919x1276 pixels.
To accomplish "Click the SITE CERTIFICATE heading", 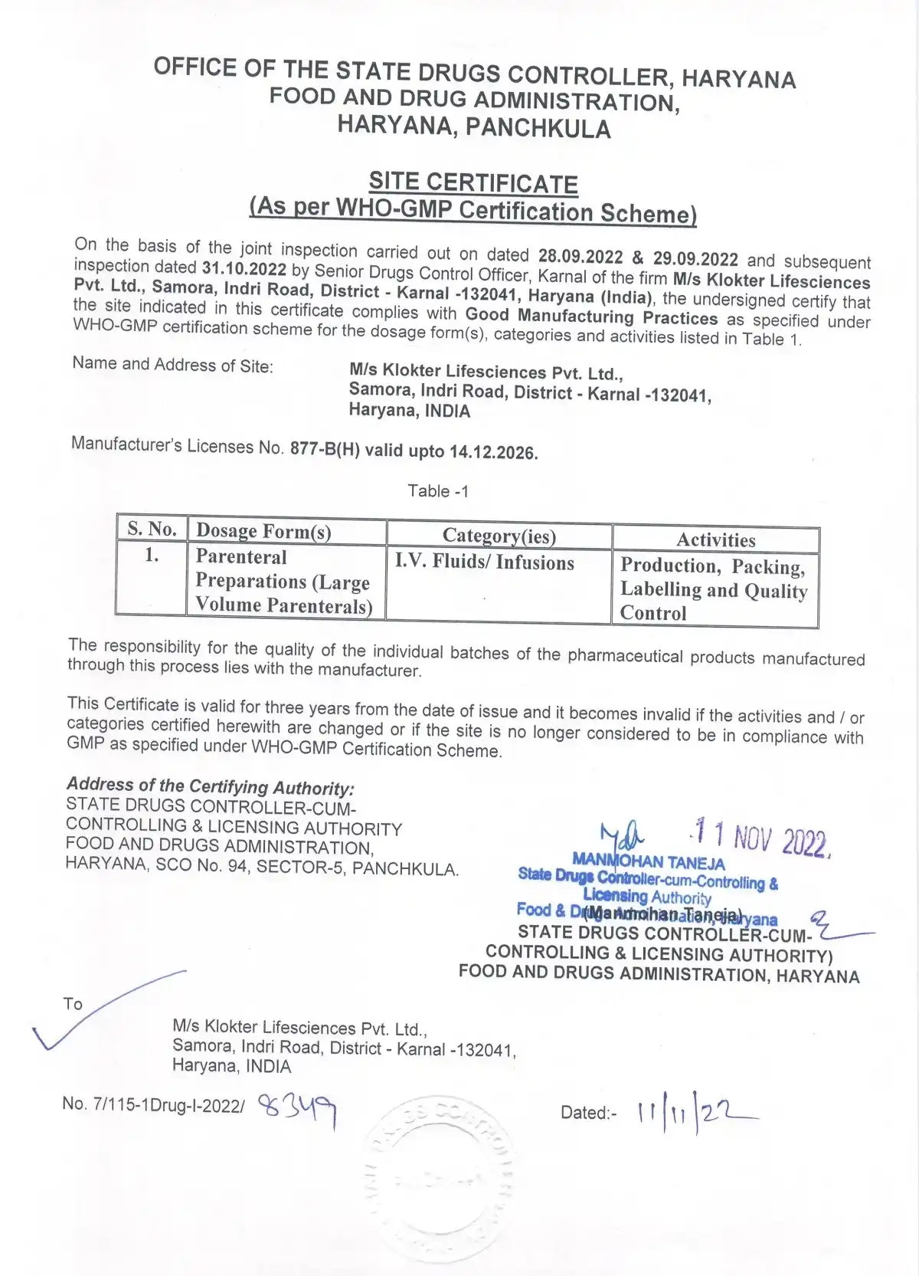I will pyautogui.click(x=473, y=183).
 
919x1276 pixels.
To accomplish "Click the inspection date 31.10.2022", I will pyautogui.click(x=244, y=269).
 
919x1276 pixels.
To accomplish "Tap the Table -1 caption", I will pyautogui.click(x=437, y=491).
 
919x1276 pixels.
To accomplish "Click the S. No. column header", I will pyautogui.click(x=152, y=529).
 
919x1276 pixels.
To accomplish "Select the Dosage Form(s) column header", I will pyautogui.click(x=263, y=531).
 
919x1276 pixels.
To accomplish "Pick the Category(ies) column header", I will pyautogui.click(x=499, y=536).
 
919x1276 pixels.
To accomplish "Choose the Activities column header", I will pyautogui.click(x=715, y=540).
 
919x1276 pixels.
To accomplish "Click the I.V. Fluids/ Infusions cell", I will pyautogui.click(x=484, y=563).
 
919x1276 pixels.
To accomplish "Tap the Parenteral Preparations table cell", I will pyautogui.click(x=283, y=581).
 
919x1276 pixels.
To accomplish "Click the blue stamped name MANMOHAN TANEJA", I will pyautogui.click(x=648, y=862).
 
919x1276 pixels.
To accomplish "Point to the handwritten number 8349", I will pyautogui.click(x=298, y=1108).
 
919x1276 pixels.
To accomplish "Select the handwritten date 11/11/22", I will pyautogui.click(x=693, y=1112).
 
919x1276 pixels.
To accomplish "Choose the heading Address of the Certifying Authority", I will pyautogui.click(x=211, y=786).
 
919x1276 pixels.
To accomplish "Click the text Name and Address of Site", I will pyautogui.click(x=172, y=365).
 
